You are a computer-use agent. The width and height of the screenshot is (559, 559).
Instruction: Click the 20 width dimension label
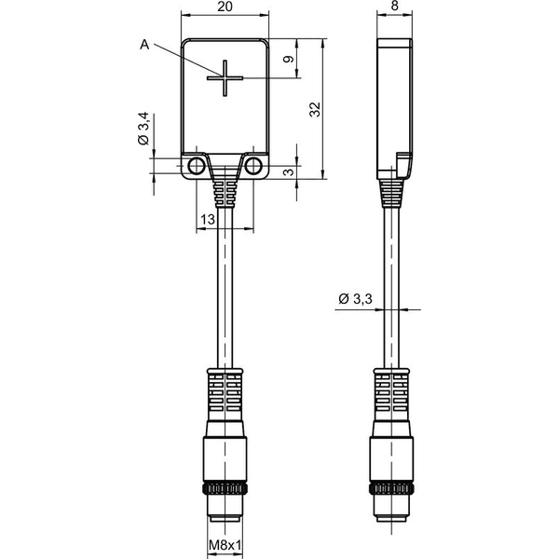coord(225,7)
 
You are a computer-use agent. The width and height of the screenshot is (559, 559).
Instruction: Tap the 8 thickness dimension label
coord(394,6)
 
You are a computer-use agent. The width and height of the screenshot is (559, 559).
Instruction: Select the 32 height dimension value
coord(315,109)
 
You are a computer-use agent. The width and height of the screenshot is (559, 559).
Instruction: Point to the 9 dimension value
coord(289,60)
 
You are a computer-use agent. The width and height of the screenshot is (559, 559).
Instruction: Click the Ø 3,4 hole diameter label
coord(143,129)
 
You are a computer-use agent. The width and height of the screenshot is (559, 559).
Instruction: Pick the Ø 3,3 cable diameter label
coord(355,299)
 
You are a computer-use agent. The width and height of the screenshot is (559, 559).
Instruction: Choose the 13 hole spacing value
coord(208,220)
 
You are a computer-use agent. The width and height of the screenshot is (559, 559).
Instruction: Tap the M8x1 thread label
coord(225,545)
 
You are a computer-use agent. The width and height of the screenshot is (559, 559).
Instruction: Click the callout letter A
coord(144,45)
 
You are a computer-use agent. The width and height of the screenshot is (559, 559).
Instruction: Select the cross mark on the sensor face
coord(225,78)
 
